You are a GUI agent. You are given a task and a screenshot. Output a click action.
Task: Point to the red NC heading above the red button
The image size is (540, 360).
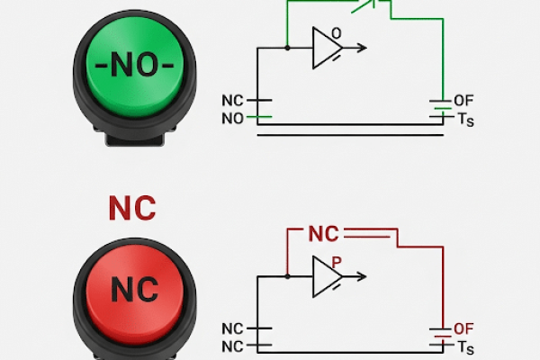pos(132,208)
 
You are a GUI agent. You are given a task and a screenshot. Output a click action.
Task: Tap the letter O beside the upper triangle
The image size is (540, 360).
pos(337,34)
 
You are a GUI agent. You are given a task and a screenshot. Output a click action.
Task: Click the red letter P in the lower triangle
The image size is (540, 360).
pos(336,263)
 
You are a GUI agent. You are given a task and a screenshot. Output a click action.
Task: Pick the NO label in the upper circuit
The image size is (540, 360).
pos(232,118)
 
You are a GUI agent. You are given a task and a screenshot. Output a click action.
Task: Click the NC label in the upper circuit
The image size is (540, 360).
pos(232,101)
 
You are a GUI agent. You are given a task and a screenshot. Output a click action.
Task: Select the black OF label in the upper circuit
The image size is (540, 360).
pos(463,101)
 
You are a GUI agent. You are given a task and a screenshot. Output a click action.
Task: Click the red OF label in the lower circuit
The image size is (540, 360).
pos(463,328)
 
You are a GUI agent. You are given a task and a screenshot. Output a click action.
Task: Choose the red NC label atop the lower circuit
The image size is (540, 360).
pos(324,234)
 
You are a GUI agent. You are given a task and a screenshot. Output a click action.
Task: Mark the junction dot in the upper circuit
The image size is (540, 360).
pos(287,48)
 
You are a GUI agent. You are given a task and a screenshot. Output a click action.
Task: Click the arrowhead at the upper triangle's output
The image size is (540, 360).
pos(361,48)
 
